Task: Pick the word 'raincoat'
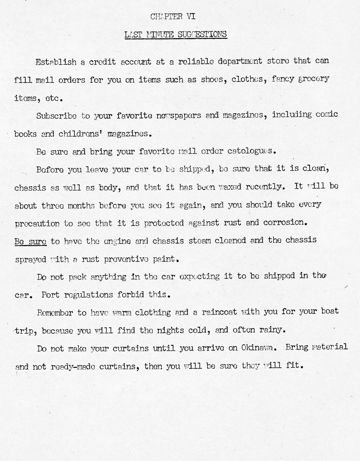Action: pyautogui.click(x=221, y=312)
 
